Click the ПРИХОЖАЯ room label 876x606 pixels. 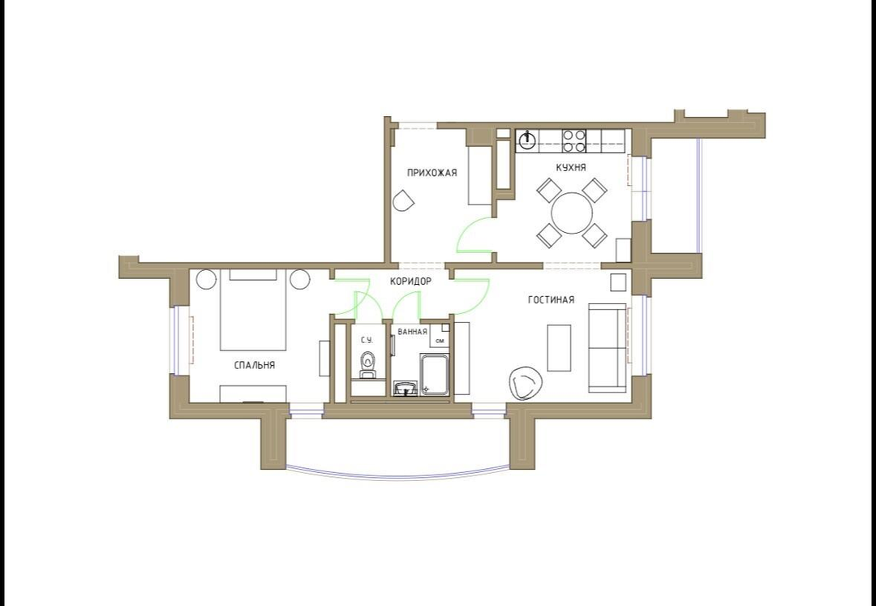[x=432, y=173]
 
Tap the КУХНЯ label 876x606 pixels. [x=571, y=168]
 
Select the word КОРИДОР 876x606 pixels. [x=410, y=282]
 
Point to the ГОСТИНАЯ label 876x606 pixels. [x=551, y=300]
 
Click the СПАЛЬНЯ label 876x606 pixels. [x=254, y=365]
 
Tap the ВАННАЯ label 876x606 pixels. [x=412, y=332]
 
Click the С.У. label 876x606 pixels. [x=367, y=340]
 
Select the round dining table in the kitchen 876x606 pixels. [x=572, y=213]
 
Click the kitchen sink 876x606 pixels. [x=525, y=140]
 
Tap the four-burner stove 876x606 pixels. [x=573, y=140]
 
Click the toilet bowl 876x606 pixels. [x=367, y=365]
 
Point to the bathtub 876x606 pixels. [x=435, y=374]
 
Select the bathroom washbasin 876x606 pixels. [x=405, y=388]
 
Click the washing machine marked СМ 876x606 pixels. [x=440, y=334]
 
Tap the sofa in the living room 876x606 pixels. [x=608, y=347]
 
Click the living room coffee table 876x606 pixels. [x=559, y=347]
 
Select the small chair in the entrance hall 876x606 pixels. [x=403, y=200]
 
